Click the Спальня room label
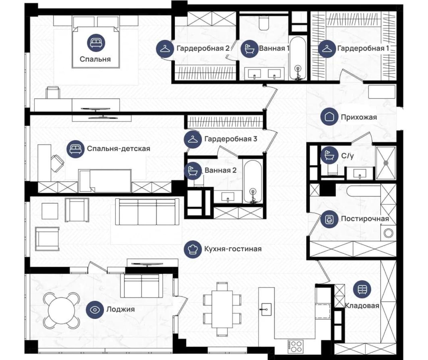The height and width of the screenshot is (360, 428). point(95,59)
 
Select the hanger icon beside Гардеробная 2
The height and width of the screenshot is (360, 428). point(165,49)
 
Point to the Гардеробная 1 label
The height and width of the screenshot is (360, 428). point(363,48)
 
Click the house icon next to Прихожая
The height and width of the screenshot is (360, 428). point(329,117)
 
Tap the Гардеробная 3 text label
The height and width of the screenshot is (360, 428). point(231,139)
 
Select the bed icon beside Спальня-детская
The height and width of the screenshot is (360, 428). point(76,149)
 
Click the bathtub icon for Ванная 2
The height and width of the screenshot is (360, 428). point(193,171)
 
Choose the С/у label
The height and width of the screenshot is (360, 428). point(347,156)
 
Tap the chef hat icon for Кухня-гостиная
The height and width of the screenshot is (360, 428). point(193,249)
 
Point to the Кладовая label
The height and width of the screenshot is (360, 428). point(362,306)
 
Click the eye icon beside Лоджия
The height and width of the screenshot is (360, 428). point(95,310)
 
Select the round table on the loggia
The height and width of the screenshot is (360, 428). point(61,310)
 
